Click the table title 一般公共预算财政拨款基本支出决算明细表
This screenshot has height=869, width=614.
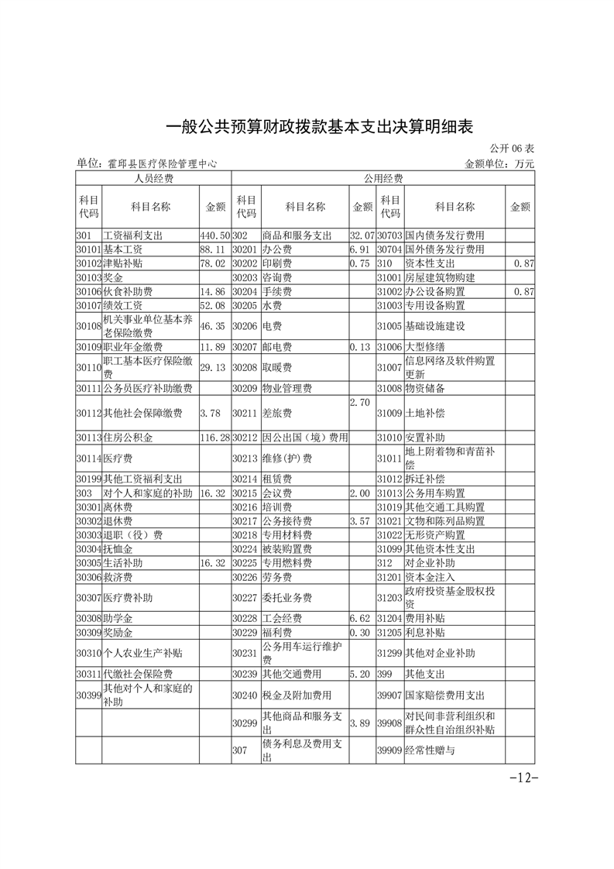click(x=319, y=127)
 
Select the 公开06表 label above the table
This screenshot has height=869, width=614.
click(x=512, y=149)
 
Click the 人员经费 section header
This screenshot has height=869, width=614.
click(x=153, y=179)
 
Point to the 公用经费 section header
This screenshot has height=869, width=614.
click(x=382, y=179)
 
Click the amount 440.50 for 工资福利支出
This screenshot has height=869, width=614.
click(x=215, y=235)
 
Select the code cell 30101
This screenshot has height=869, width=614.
click(x=89, y=249)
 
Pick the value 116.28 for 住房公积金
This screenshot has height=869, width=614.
click(x=215, y=438)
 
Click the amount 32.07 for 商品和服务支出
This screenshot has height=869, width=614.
click(x=362, y=235)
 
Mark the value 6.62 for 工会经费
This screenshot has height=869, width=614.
click(x=362, y=618)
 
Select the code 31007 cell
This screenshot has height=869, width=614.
click(x=390, y=367)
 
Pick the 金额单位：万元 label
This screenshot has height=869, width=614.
click(x=499, y=163)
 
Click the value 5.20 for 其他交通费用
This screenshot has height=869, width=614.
click(x=362, y=674)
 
